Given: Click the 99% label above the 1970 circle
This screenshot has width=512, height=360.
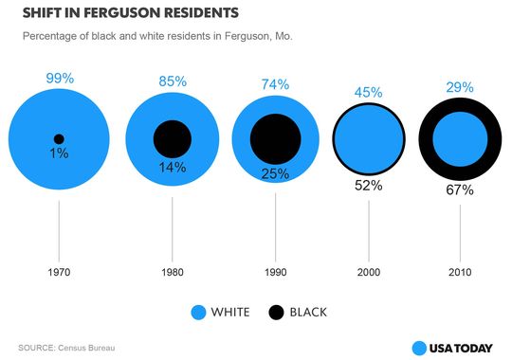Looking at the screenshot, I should click(59, 79).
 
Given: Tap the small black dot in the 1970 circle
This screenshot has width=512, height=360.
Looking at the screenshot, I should click(59, 138).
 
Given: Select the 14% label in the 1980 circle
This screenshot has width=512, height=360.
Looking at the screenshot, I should click(173, 167).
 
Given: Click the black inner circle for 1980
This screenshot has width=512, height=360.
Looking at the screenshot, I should click(173, 139).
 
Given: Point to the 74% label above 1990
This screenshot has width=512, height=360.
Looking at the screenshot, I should click(276, 84).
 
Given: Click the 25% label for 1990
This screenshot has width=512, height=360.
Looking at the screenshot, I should click(276, 173).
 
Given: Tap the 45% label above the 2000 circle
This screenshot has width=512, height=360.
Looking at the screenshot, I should click(368, 92).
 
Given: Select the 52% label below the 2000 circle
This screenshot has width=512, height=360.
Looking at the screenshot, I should click(368, 186).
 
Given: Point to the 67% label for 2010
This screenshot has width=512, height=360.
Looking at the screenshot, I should click(460, 190).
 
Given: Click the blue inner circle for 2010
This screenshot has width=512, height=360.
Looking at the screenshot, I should click(460, 139).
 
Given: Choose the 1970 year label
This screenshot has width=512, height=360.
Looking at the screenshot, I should click(59, 270).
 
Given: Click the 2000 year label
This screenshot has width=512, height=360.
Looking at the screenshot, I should click(368, 270).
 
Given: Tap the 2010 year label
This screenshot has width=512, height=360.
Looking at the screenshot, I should click(460, 270).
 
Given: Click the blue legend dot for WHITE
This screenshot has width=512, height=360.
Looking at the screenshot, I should click(198, 312).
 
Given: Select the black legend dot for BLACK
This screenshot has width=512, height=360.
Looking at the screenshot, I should click(277, 312).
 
